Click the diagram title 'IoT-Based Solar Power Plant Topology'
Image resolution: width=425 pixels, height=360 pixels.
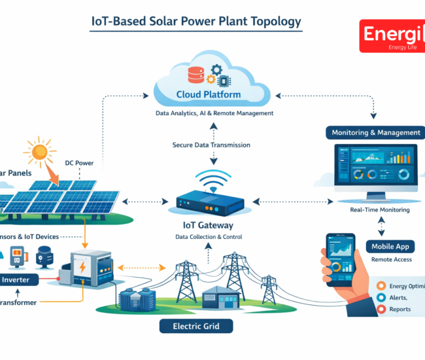(x=195, y=21)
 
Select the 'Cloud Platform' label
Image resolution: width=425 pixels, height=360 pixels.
(x=208, y=95)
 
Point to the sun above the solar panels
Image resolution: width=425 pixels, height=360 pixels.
(x=39, y=152)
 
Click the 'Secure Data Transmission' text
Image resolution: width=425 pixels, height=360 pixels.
(x=209, y=144)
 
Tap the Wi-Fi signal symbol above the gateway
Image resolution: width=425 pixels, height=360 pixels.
(x=211, y=183)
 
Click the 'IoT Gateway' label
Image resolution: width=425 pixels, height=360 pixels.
(x=208, y=225)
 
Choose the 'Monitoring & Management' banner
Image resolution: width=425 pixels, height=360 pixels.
(x=375, y=133)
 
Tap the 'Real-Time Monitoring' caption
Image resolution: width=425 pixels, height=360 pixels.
(x=380, y=209)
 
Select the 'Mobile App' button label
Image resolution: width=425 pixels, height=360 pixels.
(x=392, y=247)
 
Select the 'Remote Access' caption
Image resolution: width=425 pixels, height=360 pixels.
(x=391, y=260)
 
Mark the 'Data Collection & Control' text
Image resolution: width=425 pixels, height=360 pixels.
(x=208, y=237)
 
